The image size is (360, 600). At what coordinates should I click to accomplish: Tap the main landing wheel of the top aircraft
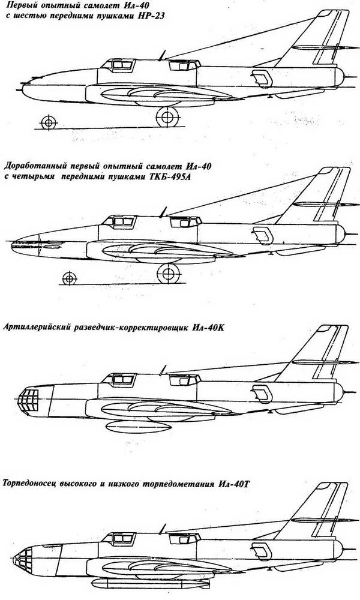[167, 117]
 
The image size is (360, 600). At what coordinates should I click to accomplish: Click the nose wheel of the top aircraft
[49, 122]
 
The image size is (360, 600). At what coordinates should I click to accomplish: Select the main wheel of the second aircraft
[169, 273]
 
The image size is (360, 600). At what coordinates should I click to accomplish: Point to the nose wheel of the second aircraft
[69, 278]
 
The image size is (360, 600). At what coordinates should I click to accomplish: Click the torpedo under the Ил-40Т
[151, 584]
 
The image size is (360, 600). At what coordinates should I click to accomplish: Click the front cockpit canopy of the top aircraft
[118, 65]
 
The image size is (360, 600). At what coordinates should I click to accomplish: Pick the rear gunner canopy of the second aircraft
[185, 221]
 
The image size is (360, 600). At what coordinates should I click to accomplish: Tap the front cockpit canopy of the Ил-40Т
[119, 539]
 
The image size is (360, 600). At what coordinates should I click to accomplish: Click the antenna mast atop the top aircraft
[162, 55]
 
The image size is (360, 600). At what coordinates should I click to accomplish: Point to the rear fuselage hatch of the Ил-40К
[262, 394]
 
